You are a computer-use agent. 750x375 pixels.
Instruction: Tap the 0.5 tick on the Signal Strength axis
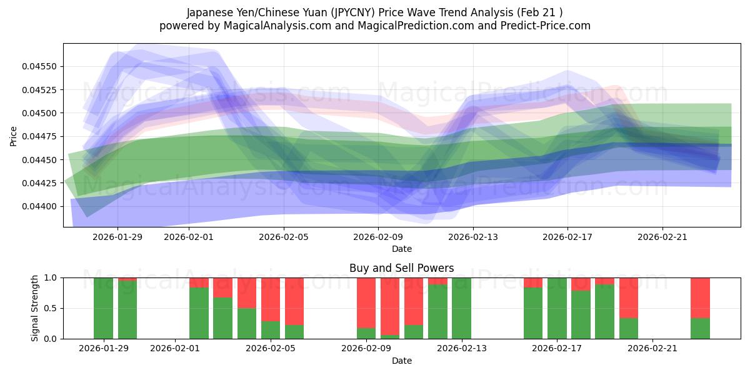[x=51, y=308]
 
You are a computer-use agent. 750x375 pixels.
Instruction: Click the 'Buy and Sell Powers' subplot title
[x=401, y=268]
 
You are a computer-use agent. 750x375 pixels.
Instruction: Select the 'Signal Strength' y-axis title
[x=35, y=308]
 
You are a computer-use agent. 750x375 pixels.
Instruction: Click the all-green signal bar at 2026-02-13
[x=461, y=308]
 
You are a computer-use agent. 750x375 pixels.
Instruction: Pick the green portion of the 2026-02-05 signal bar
[x=271, y=330]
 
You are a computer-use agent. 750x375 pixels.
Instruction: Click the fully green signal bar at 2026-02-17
[x=557, y=308]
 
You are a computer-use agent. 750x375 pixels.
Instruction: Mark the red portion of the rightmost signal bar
[x=700, y=297]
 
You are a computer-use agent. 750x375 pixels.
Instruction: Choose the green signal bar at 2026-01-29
[x=103, y=308]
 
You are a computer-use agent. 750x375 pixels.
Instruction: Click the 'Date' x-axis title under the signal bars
[x=401, y=361]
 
